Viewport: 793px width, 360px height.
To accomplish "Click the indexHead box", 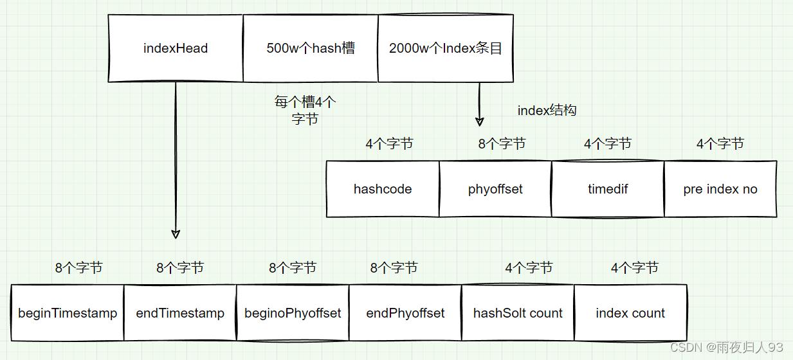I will click(176, 48).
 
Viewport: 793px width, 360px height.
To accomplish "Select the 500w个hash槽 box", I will click(310, 48).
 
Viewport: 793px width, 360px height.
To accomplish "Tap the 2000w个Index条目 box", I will click(446, 48).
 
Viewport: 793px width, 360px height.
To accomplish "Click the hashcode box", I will click(383, 189).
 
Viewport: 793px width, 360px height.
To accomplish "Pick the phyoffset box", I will click(495, 189).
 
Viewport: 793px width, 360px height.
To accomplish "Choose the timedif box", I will click(608, 189).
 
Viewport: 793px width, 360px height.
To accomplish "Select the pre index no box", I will click(720, 189).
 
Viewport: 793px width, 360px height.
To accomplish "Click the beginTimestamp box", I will click(68, 313).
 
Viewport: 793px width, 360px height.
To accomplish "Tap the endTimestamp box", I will click(180, 313).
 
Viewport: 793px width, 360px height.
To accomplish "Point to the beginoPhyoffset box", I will click(293, 313).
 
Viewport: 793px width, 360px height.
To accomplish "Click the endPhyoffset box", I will click(405, 313).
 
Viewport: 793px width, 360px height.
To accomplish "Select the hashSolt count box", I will click(518, 313).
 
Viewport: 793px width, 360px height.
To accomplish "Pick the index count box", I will click(630, 313).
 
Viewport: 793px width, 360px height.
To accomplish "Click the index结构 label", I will click(547, 111).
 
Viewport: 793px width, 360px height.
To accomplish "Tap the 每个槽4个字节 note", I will click(305, 110).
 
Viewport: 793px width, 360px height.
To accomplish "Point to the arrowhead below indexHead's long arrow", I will click(176, 233).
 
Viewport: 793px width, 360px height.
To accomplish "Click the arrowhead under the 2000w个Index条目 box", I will click(479, 121).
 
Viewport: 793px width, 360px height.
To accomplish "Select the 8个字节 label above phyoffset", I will click(502, 144).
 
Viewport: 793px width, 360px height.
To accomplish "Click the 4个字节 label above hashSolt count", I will click(529, 267).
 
